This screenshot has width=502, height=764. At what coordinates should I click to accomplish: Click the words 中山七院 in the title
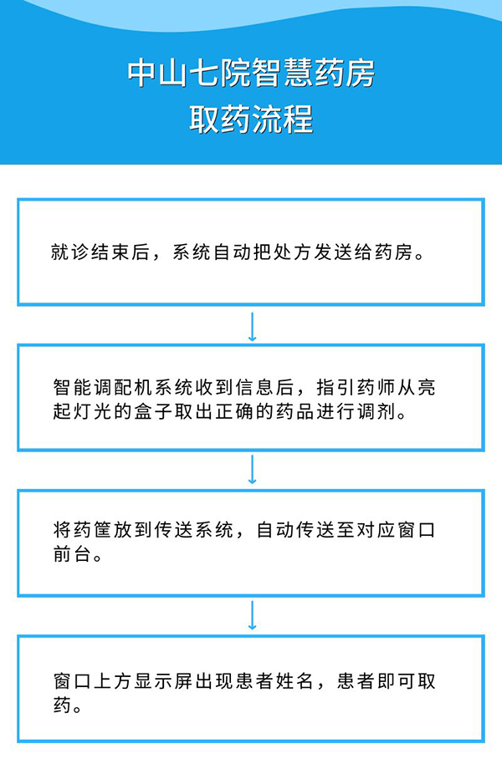pyautogui.click(x=188, y=74)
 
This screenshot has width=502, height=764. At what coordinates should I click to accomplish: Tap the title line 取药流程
pyautogui.click(x=251, y=119)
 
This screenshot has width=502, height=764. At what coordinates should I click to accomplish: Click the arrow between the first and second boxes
pyautogui.click(x=252, y=327)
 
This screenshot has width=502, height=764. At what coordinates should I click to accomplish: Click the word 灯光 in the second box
pyautogui.click(x=92, y=412)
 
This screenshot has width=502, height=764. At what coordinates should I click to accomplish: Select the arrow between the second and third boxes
pyautogui.click(x=252, y=470)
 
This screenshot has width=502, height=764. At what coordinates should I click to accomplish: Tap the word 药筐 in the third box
pyautogui.click(x=92, y=530)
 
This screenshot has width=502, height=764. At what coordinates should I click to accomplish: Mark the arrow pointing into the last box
pyautogui.click(x=252, y=615)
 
